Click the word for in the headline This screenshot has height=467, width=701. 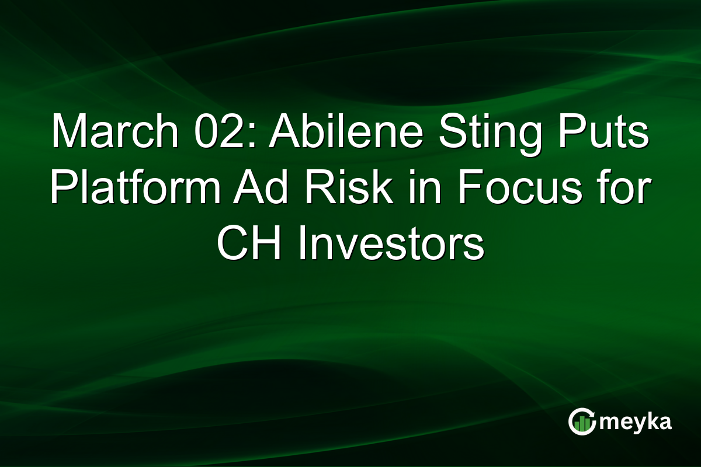pyautogui.click(x=620, y=189)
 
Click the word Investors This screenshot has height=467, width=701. pyautogui.click(x=391, y=243)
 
